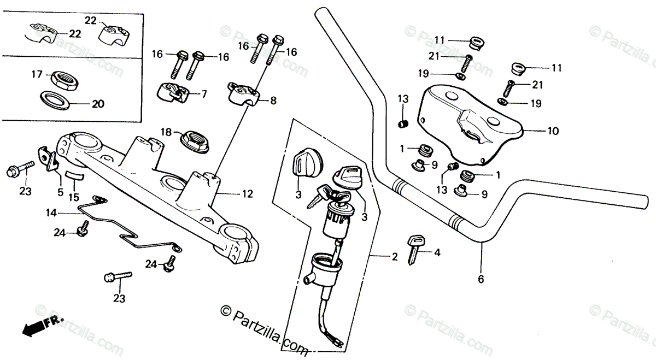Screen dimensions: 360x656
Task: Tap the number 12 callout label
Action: (248, 193)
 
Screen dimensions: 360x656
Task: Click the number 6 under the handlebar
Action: (481, 279)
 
